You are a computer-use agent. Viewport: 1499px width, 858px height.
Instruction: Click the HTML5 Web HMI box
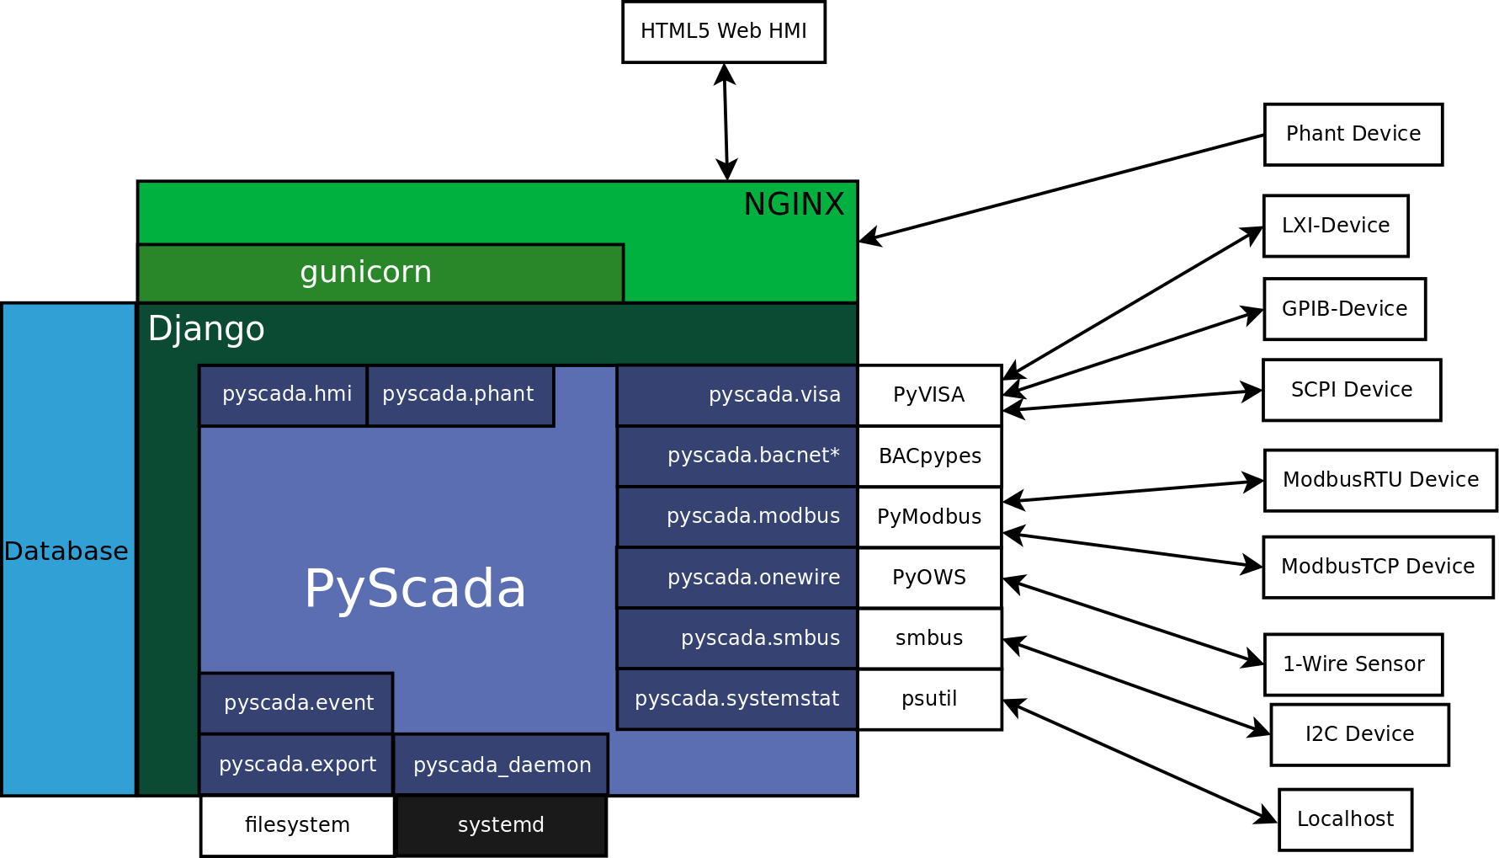pyautogui.click(x=723, y=32)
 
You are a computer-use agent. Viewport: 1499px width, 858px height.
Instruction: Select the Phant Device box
pyautogui.click(x=1353, y=135)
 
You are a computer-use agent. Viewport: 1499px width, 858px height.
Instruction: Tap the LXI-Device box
pyautogui.click(x=1335, y=226)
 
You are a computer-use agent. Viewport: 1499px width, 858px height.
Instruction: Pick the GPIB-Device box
pyautogui.click(x=1344, y=309)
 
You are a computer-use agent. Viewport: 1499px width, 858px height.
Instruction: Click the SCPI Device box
pyautogui.click(x=1351, y=390)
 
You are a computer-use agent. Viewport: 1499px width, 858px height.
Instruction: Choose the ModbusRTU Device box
pyautogui.click(x=1379, y=480)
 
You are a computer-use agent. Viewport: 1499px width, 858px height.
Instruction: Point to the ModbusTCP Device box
pyautogui.click(x=1377, y=567)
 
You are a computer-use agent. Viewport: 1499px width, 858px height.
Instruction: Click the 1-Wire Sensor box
pyautogui.click(x=1353, y=664)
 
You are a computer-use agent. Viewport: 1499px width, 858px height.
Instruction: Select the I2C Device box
pyautogui.click(x=1358, y=734)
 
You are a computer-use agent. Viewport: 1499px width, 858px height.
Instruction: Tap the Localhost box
pyautogui.click(x=1344, y=819)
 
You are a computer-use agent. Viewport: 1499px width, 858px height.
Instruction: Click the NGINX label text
pyautogui.click(x=793, y=205)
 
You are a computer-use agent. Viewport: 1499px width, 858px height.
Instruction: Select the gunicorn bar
pyautogui.click(x=380, y=273)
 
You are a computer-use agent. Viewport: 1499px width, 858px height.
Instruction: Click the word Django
pyautogui.click(x=206, y=329)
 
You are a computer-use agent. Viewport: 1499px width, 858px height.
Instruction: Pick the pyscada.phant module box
pyautogui.click(x=460, y=395)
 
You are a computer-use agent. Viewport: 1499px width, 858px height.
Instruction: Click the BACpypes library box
pyautogui.click(x=929, y=456)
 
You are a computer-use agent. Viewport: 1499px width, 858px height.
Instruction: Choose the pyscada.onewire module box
pyautogui.click(x=736, y=578)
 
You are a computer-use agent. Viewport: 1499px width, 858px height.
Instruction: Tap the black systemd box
pyautogui.click(x=501, y=825)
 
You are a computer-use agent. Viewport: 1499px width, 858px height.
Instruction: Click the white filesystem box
pyautogui.click(x=296, y=825)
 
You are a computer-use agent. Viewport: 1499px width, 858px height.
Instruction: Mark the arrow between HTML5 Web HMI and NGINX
pyautogui.click(x=726, y=121)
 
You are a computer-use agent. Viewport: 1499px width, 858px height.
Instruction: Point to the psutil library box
pyautogui.click(x=929, y=699)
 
